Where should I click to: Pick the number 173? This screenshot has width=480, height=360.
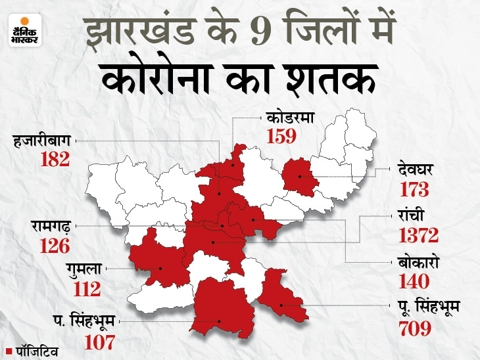tap(414, 191)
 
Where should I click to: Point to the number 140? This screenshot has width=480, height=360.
tap(414, 282)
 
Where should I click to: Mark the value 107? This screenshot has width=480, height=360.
tap(99, 342)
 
